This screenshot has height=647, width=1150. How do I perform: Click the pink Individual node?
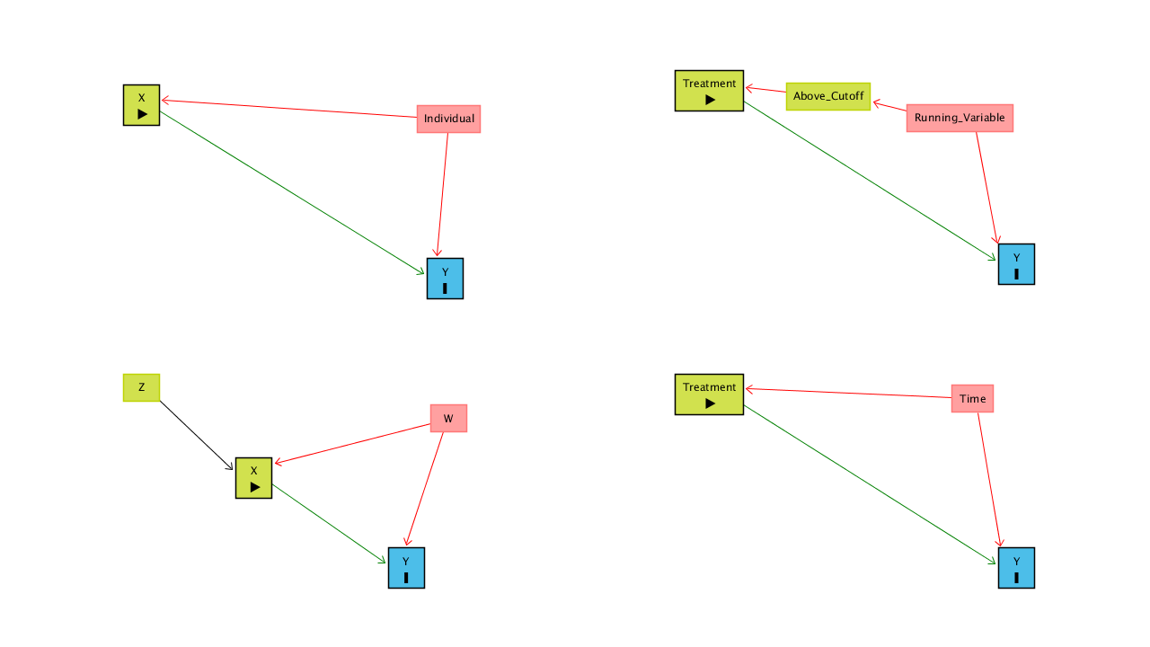pyautogui.click(x=448, y=119)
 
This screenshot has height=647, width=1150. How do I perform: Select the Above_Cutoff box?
pyautogui.click(x=828, y=96)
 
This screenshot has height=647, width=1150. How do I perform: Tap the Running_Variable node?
pyautogui.click(x=960, y=118)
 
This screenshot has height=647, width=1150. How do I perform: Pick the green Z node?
pyautogui.click(x=141, y=387)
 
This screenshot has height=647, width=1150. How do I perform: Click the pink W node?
pyautogui.click(x=448, y=418)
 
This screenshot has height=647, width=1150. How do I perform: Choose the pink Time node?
pyautogui.click(x=972, y=398)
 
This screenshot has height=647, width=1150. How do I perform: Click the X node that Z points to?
pyautogui.click(x=253, y=478)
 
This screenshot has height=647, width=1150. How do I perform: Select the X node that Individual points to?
pyautogui.click(x=141, y=104)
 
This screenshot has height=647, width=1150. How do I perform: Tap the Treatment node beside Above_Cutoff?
pyautogui.click(x=709, y=91)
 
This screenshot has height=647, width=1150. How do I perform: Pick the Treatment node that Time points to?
pyautogui.click(x=709, y=394)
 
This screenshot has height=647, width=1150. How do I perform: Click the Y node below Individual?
pyautogui.click(x=445, y=279)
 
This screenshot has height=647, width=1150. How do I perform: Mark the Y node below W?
pyautogui.click(x=406, y=568)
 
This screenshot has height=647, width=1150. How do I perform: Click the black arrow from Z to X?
pyautogui.click(x=198, y=435)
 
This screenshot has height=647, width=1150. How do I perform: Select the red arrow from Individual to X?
pyautogui.click(x=287, y=109)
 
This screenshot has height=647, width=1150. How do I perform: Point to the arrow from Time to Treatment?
pyautogui.click(x=848, y=394)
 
